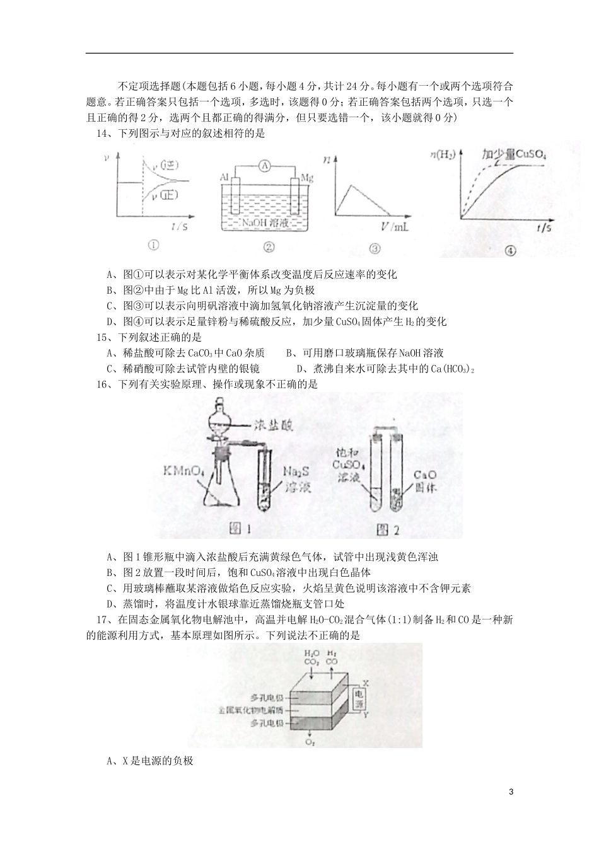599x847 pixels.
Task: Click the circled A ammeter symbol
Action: click(x=265, y=166)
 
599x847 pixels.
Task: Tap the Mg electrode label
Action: click(x=307, y=178)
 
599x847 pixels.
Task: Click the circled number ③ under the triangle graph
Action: click(x=375, y=248)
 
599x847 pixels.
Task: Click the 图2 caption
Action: click(x=387, y=529)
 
